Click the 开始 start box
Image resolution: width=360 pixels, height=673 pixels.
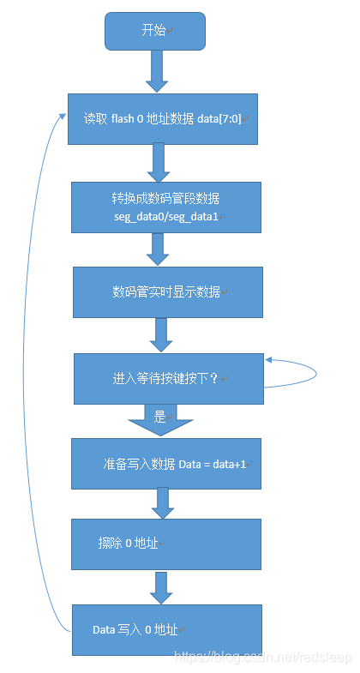click(x=155, y=31)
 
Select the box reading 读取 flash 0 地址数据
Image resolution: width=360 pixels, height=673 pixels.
click(x=162, y=118)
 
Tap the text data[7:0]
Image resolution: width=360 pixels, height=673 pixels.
click(x=222, y=118)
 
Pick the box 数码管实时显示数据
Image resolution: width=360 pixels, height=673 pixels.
click(x=166, y=291)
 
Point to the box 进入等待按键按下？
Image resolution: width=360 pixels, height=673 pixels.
click(x=167, y=378)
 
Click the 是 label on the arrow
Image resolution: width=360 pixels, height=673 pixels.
click(x=159, y=418)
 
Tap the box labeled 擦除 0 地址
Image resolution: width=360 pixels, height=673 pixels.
click(x=165, y=544)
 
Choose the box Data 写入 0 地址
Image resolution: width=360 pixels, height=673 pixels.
click(x=165, y=630)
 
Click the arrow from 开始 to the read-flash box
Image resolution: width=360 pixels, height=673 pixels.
click(x=156, y=70)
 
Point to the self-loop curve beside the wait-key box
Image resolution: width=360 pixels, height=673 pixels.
click(x=315, y=374)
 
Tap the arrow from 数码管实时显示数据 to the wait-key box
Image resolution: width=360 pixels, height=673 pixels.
click(x=161, y=334)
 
